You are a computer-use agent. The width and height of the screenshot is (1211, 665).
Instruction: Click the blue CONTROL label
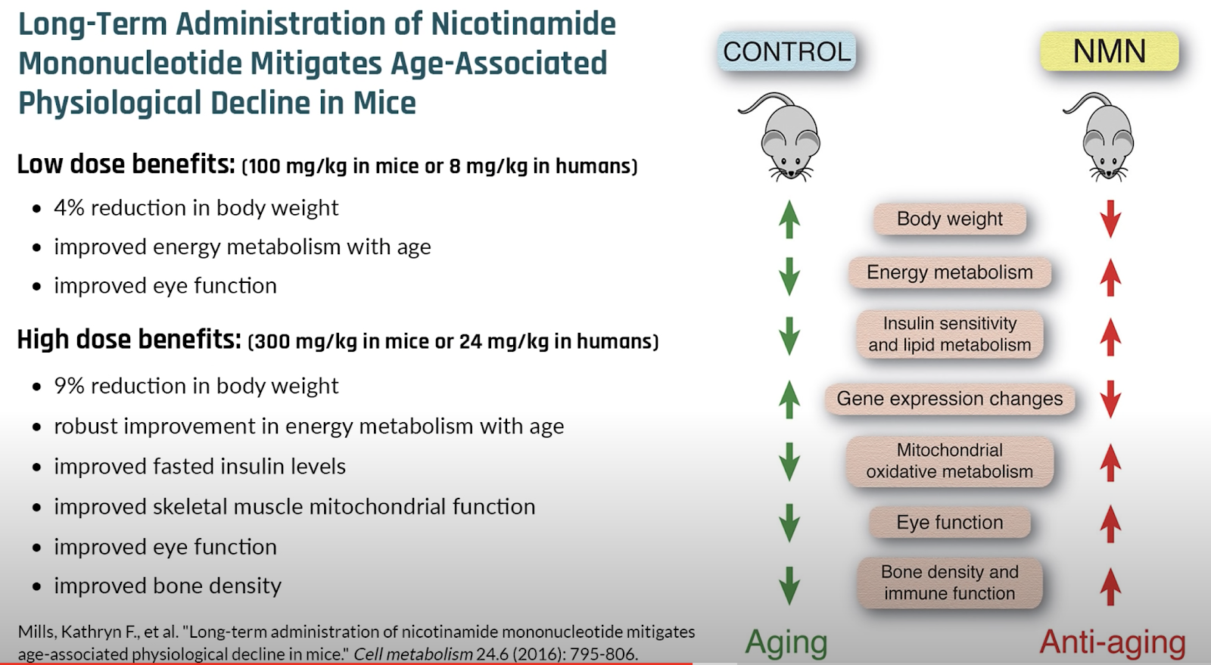786,51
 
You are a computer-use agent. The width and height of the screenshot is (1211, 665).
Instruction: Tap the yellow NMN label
1110,51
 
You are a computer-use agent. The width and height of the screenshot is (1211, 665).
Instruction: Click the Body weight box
950,219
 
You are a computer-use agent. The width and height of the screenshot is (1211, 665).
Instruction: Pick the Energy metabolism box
950,272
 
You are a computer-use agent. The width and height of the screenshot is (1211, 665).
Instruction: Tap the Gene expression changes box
950,399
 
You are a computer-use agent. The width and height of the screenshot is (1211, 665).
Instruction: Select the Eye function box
950,522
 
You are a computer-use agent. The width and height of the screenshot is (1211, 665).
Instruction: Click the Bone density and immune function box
950,583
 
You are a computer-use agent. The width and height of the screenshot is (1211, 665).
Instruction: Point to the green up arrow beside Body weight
789,219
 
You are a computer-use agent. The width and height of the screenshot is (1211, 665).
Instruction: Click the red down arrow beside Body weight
1110,219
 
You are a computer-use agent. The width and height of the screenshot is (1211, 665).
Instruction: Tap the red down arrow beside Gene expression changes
1110,399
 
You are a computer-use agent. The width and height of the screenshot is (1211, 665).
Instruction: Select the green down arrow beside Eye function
789,523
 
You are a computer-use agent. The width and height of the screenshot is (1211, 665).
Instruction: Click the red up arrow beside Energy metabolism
1110,277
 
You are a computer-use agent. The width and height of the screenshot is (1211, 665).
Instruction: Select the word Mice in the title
384,103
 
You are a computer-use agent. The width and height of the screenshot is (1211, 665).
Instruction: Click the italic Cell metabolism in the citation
413,654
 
